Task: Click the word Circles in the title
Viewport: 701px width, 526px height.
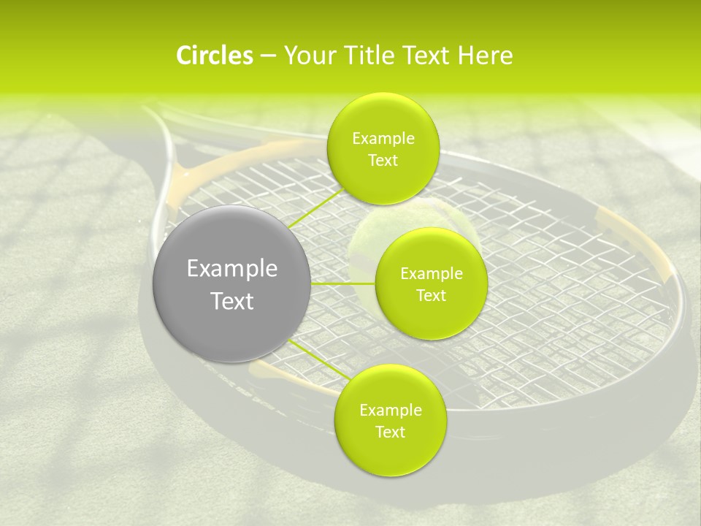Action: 215,56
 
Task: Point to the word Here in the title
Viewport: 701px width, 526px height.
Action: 486,56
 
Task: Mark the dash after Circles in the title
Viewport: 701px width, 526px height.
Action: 267,56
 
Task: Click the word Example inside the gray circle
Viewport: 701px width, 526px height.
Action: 231,269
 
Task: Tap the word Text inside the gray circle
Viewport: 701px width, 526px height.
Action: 231,301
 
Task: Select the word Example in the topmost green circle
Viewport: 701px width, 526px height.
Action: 383,139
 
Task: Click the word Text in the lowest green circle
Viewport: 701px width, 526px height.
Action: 390,432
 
